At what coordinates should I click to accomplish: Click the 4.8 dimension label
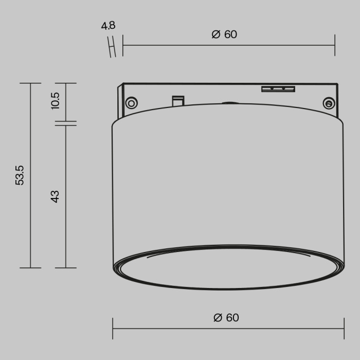pos(109,25)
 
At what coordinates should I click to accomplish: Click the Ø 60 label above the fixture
pos(224,34)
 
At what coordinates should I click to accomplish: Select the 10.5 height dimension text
pos(56,100)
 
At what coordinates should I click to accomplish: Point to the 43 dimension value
pos(56,196)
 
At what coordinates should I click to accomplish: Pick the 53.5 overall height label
pos(20,175)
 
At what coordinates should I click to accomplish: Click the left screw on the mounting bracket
pos(131,102)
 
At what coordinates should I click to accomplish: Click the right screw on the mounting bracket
pos(328,103)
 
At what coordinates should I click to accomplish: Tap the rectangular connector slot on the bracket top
pos(278,89)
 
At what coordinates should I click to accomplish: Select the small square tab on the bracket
pos(178,100)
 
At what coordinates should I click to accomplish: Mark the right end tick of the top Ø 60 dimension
pos(335,45)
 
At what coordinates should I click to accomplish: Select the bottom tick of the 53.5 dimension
pos(31,268)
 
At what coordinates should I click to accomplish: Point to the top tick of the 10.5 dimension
pos(66,83)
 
